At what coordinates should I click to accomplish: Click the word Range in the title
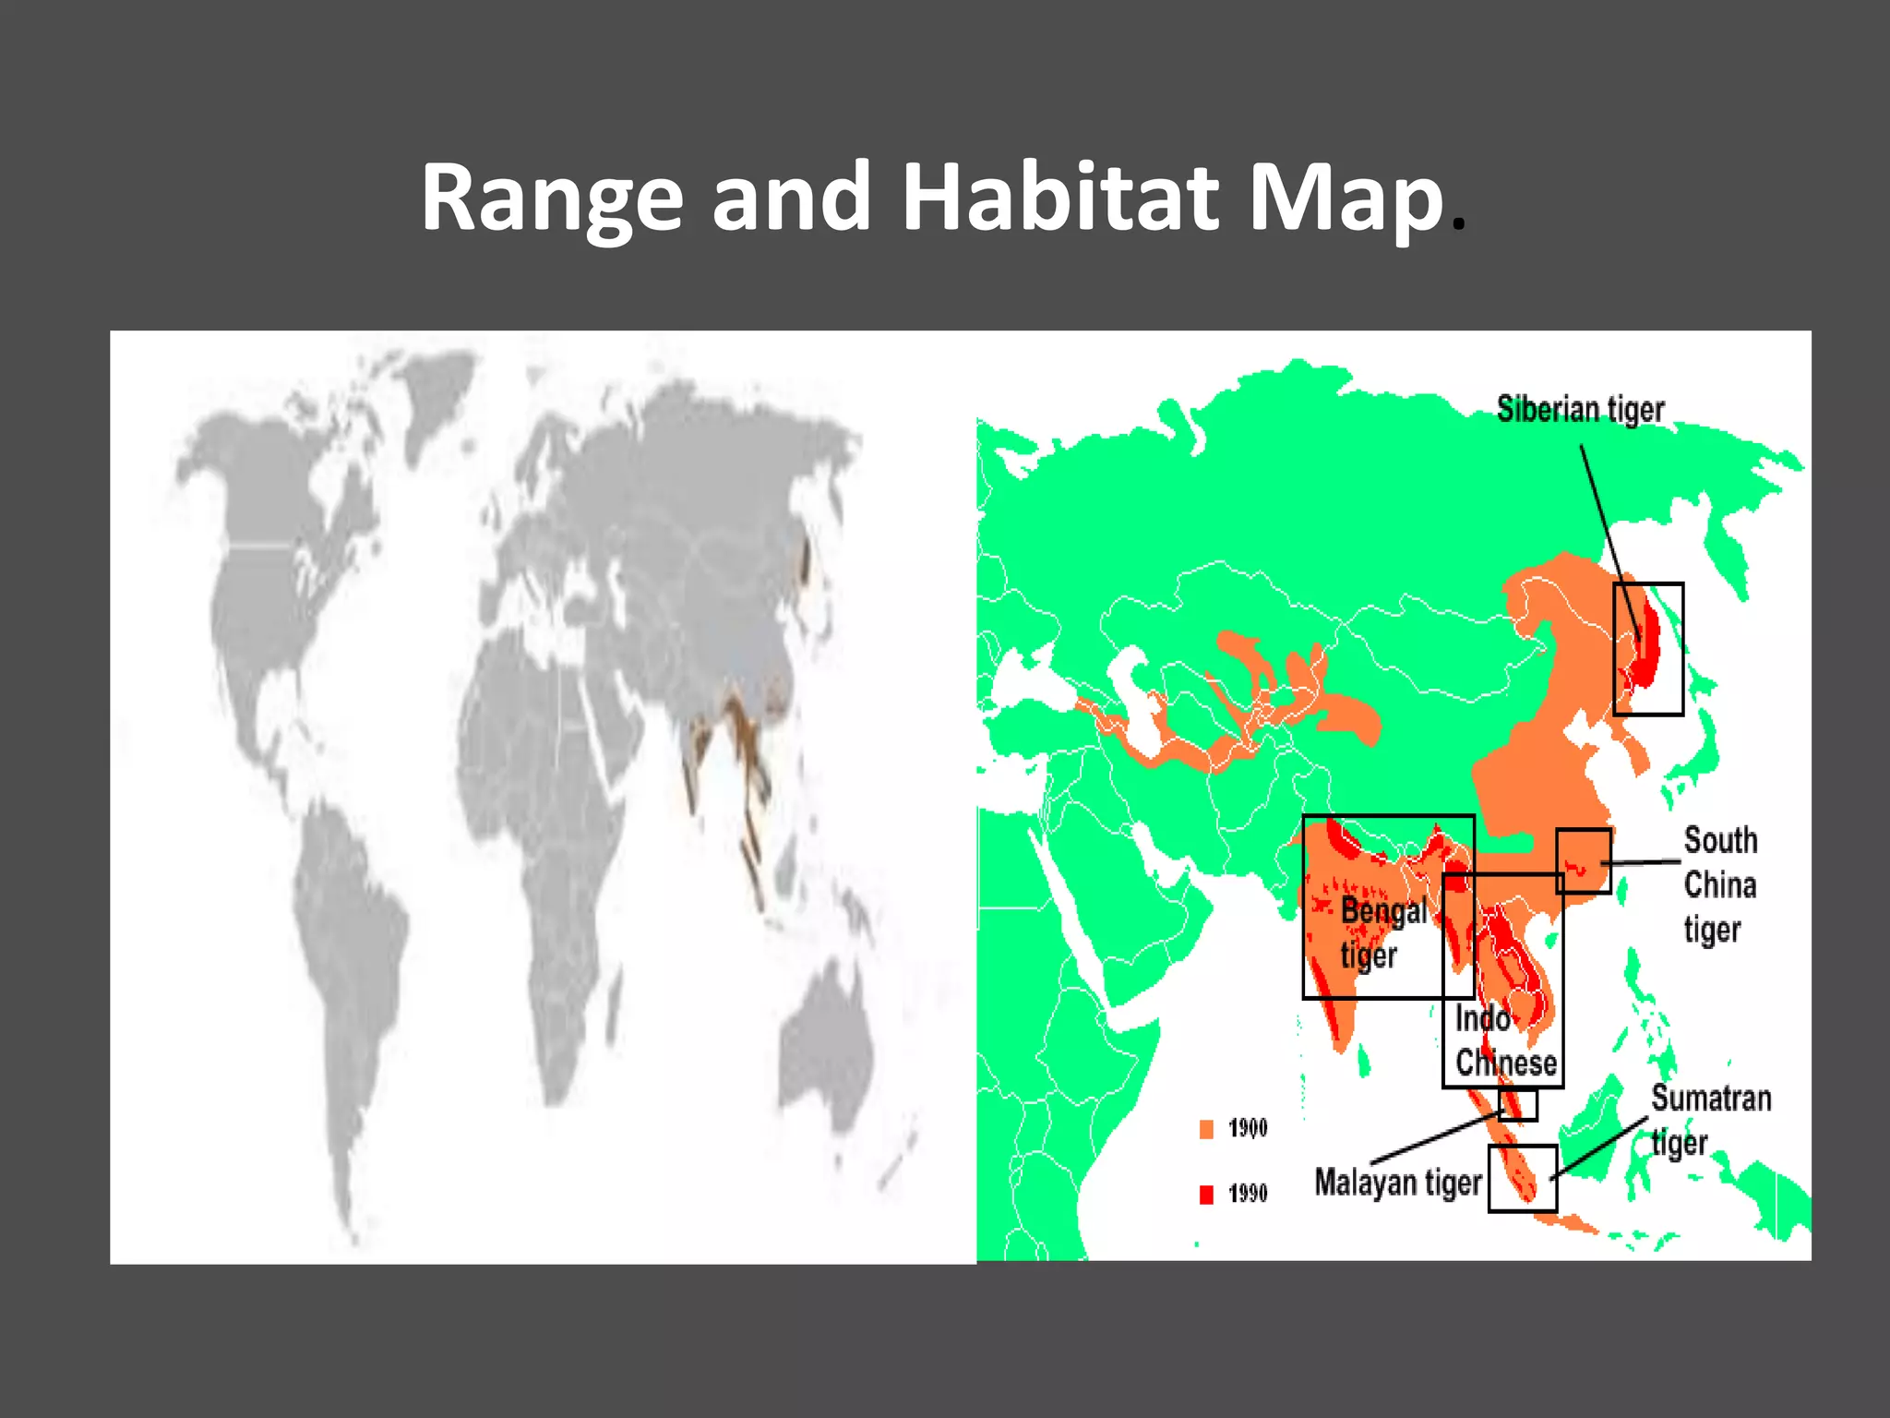[551, 198]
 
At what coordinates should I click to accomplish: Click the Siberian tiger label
[1580, 409]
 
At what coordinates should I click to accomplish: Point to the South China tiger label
[1719, 884]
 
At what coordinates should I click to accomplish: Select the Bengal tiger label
[1382, 932]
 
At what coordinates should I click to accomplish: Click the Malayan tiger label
[1397, 1183]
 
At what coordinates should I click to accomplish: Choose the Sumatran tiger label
[1710, 1119]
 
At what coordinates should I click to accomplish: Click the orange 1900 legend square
[1206, 1129]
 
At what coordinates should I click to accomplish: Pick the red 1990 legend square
[1206, 1195]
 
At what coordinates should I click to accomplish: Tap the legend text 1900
[1248, 1128]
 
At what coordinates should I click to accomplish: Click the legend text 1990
[1248, 1194]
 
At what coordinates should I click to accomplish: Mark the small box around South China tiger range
[1584, 860]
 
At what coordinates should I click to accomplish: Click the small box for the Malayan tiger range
[1517, 1105]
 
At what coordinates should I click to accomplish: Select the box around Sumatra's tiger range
[1522, 1178]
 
